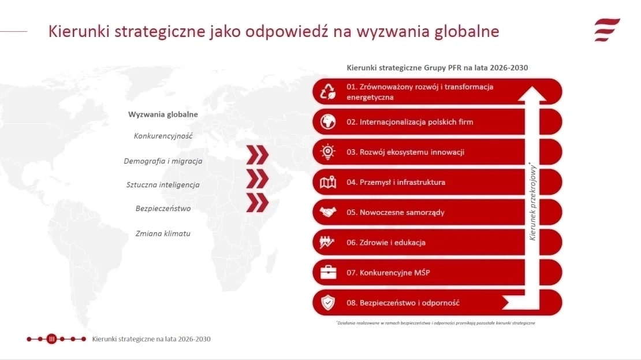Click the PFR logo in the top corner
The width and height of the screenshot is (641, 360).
click(607, 30)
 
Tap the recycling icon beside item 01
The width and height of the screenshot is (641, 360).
click(328, 92)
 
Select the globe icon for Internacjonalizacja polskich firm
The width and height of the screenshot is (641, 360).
click(328, 122)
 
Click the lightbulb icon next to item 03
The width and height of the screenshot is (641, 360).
click(328, 152)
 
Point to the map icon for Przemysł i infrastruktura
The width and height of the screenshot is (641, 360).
click(328, 182)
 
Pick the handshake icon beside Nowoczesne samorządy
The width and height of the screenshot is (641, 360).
click(328, 212)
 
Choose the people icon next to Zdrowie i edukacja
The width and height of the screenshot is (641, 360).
click(327, 242)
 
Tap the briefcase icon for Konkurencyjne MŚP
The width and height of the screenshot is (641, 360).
click(328, 272)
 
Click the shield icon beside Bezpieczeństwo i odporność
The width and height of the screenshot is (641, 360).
click(328, 303)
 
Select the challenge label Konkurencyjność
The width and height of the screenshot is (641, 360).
click(163, 136)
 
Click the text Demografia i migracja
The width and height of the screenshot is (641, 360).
click(163, 161)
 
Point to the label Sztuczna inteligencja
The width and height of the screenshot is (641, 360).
click(163, 185)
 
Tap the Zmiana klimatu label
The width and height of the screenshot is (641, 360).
click(163, 233)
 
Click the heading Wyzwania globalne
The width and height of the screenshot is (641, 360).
click(163, 114)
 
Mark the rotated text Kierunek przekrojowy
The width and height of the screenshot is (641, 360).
click(532, 201)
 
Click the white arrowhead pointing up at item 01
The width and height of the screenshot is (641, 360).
click(532, 93)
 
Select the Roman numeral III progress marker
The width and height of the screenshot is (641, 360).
click(51, 339)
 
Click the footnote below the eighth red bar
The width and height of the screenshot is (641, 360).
click(436, 323)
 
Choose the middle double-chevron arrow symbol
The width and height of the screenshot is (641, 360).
click(258, 179)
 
